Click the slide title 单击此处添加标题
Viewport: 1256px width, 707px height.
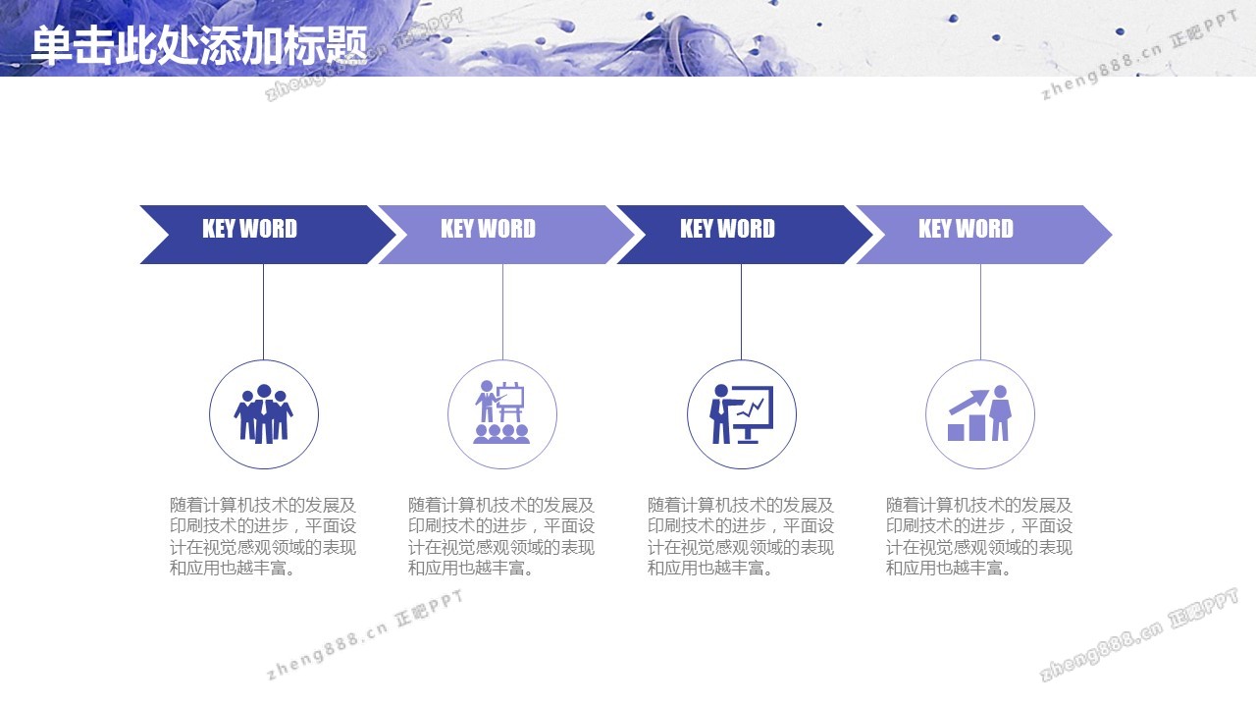coord(199,45)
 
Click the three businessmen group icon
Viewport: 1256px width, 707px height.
coord(264,414)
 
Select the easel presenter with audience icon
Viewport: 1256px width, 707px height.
coord(501,412)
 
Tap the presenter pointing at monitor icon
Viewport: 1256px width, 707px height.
coord(741,414)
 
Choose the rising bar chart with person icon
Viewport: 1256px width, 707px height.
coord(979,413)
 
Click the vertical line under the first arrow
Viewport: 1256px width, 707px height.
coord(264,312)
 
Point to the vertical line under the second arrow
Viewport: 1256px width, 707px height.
coord(502,312)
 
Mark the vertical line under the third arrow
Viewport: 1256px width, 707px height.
coord(741,312)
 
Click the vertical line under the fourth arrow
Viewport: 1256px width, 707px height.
coord(980,312)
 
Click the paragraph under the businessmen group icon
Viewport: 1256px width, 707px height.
coord(263,536)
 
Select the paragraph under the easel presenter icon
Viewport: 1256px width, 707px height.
coord(501,536)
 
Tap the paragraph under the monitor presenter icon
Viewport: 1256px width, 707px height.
coord(741,536)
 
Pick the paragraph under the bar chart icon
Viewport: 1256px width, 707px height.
coord(979,536)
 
